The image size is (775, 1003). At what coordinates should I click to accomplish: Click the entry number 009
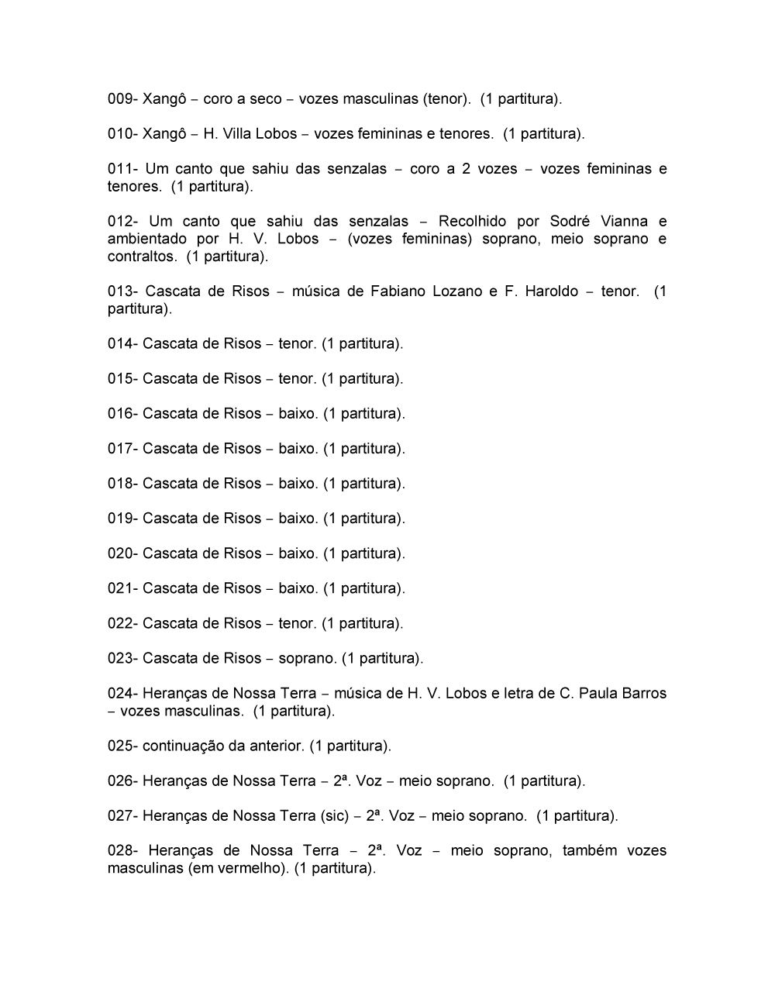coord(122,99)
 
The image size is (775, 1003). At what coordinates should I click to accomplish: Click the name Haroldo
coord(552,291)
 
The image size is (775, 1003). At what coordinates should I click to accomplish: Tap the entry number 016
coord(122,414)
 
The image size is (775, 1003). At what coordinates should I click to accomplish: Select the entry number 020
coord(122,553)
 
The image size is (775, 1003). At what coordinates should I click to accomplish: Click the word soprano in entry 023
coord(306,659)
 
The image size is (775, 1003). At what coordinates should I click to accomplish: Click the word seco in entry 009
coord(266,99)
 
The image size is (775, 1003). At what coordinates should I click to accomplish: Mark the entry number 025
coord(122,746)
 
